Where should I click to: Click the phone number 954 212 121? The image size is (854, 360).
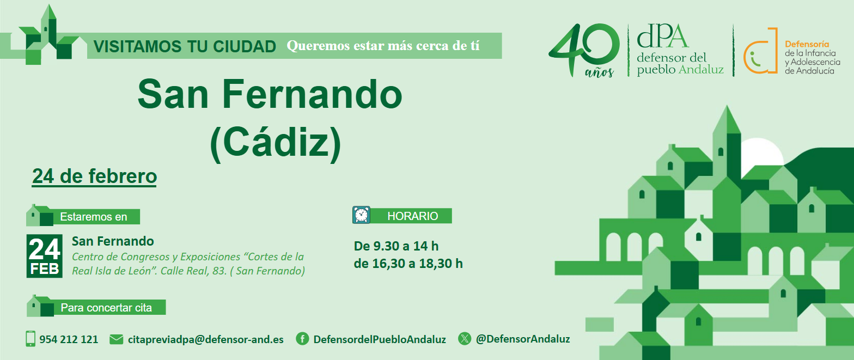point(69,339)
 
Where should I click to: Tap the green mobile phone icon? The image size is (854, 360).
point(30,339)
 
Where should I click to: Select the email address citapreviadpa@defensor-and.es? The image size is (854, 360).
point(205,339)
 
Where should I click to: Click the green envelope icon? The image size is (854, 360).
point(117,339)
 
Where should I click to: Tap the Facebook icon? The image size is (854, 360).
point(302,339)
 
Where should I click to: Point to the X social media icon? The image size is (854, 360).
point(465,339)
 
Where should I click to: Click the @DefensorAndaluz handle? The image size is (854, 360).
point(523,339)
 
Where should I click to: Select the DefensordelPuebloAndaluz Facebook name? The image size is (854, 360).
point(380,339)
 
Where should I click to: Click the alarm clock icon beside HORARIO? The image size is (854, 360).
point(361,215)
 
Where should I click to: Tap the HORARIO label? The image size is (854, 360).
point(412,216)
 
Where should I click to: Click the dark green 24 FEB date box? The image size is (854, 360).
point(45,256)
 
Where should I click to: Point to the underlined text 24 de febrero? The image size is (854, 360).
point(95,176)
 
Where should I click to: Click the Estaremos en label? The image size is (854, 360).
point(94,217)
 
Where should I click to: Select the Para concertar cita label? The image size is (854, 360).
point(106,308)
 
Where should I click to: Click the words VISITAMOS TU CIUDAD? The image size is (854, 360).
point(185,46)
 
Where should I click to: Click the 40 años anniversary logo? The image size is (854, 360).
point(584,50)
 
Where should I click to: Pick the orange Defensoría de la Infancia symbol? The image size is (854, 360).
point(760,51)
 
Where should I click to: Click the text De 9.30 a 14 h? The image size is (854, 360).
point(396,246)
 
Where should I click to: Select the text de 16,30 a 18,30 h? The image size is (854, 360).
point(408,264)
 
